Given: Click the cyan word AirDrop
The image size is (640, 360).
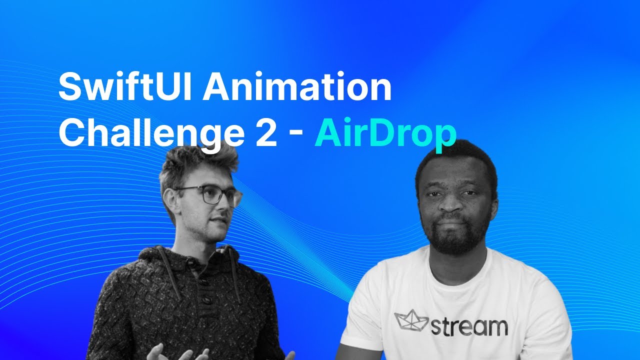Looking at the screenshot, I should pyautogui.click(x=385, y=132).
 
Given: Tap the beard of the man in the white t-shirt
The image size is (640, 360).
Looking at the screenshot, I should pyautogui.click(x=455, y=240).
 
